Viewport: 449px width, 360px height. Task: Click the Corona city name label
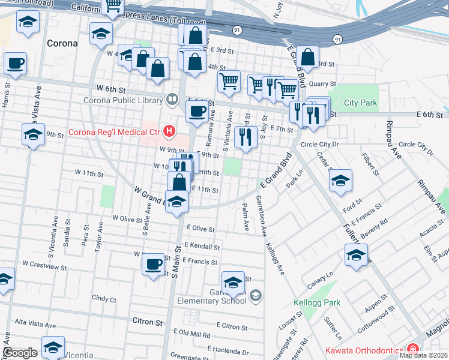tap(62, 43)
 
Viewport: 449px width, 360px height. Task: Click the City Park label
tap(360, 103)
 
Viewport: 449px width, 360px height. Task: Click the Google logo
tap(20, 352)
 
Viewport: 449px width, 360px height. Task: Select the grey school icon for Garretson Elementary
tap(255, 295)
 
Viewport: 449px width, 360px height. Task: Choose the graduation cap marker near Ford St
tap(340, 182)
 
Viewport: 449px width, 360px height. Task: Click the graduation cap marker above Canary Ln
tap(356, 256)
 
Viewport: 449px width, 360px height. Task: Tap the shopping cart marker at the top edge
tap(113, 6)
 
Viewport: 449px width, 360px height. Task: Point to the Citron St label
tap(151, 322)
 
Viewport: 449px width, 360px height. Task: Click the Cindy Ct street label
tap(104, 298)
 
